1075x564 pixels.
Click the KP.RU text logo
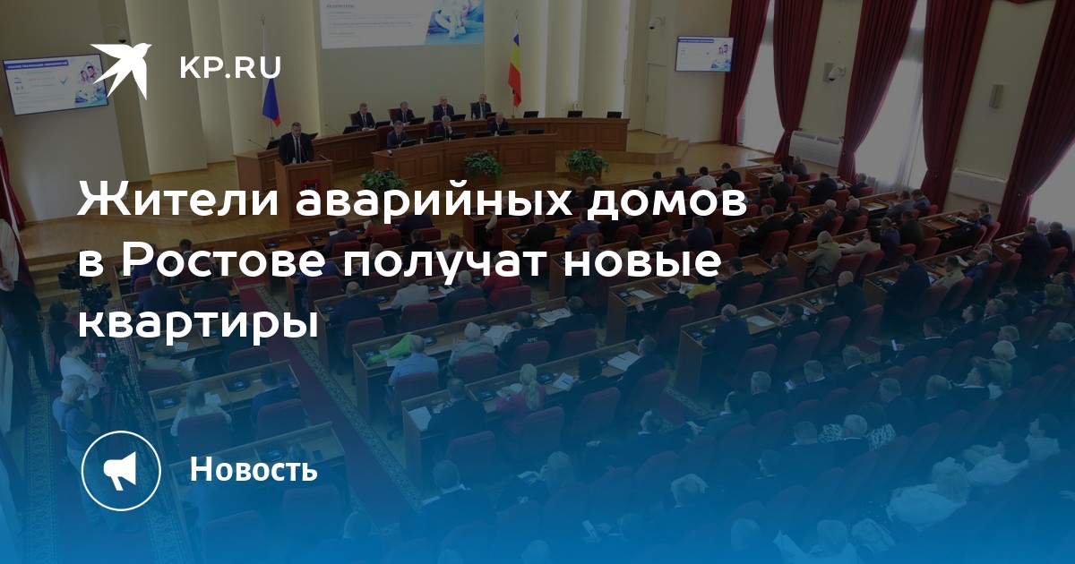(230, 68)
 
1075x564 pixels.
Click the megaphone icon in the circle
(121, 471)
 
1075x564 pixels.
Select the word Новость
(254, 468)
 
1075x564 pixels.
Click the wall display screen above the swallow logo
(55, 84)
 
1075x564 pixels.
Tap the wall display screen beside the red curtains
(704, 54)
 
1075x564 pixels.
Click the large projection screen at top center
(402, 22)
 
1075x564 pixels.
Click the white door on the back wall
(656, 98)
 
